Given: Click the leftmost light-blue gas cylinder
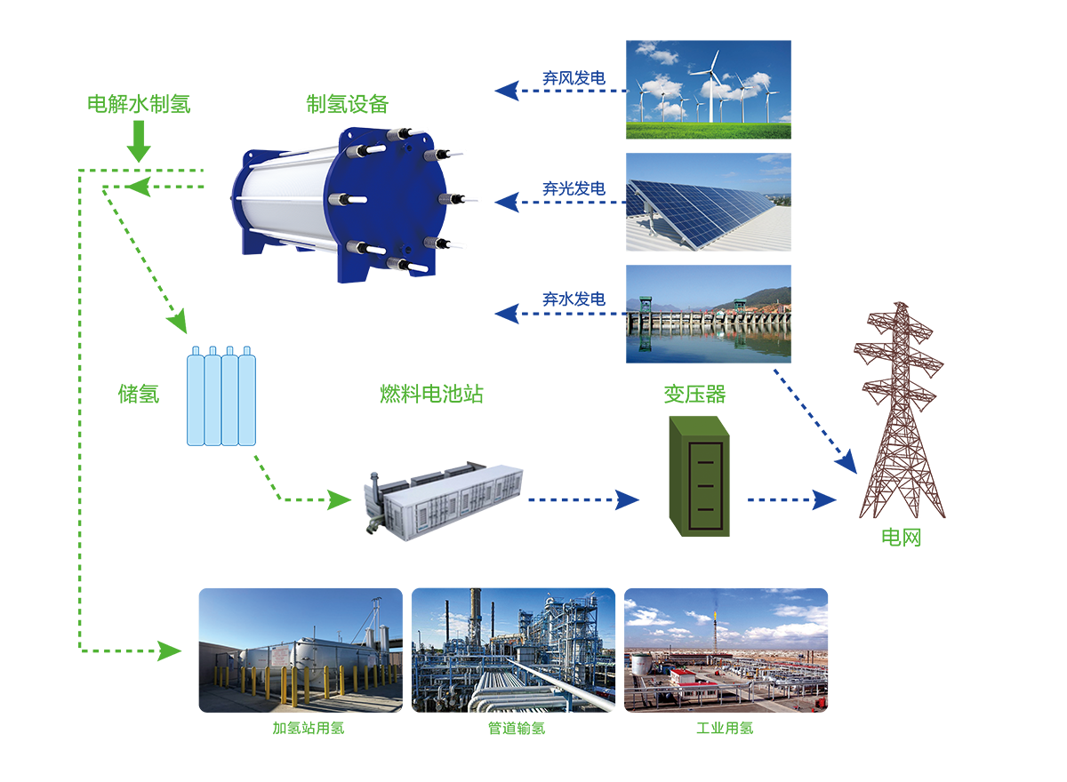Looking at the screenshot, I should point(197,399).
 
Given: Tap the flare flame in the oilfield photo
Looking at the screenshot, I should point(716,608).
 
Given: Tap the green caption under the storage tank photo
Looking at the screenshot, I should point(307,727).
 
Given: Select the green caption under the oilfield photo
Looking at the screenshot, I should point(725,727).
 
